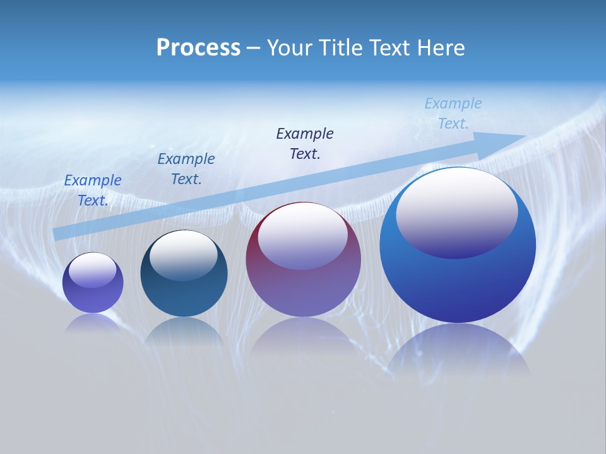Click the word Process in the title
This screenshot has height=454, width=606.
(198, 48)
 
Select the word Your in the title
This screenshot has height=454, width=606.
(290, 48)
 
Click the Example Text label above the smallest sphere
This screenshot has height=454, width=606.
(93, 190)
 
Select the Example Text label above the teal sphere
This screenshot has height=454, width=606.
(186, 168)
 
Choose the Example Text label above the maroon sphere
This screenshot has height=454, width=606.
(305, 143)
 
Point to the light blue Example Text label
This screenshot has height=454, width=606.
(453, 113)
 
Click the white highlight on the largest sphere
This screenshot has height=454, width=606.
(456, 211)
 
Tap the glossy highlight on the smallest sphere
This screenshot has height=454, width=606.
(92, 270)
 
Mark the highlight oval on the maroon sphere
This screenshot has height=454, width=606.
(302, 235)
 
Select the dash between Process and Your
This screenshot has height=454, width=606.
(253, 48)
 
